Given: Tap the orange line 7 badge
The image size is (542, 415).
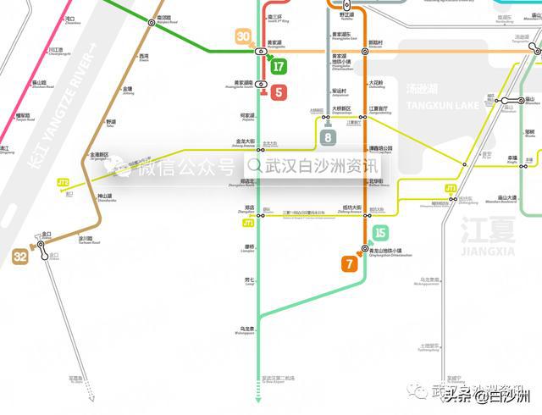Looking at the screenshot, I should coord(349,264).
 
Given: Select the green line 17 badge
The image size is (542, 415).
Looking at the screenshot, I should coord(279,68).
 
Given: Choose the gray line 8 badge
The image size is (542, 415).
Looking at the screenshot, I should coord(329,136).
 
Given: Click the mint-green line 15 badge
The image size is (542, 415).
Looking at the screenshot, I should coord(380,233).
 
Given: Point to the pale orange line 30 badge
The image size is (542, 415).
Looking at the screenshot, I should coord(244,37).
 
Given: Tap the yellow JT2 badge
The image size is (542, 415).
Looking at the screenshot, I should coord(63,182).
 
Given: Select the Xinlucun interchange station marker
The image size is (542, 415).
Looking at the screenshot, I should coord(365,52).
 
